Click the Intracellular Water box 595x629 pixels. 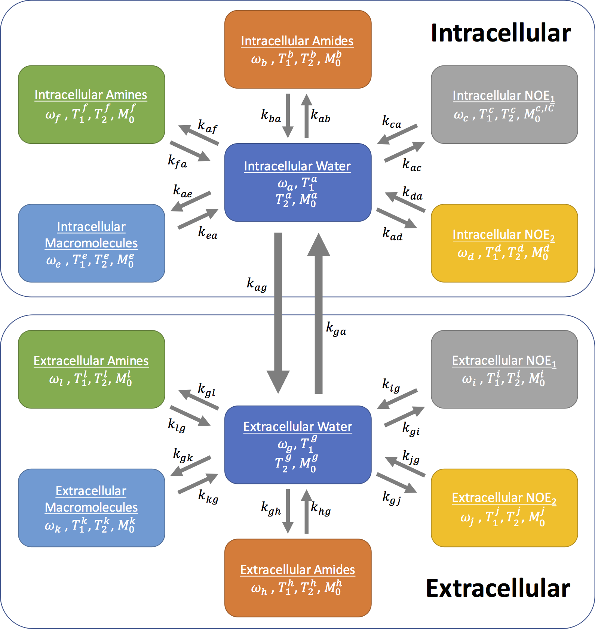tap(298, 182)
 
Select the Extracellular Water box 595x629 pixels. tap(298, 445)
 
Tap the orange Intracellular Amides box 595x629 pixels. tap(298, 49)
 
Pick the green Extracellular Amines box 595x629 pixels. tap(91, 369)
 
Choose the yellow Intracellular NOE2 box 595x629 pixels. tap(504, 243)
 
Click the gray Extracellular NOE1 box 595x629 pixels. tap(504, 369)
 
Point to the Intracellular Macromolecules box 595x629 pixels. tap(91, 243)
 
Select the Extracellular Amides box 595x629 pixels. tap(298, 578)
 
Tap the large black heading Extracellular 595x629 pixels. tap(498, 588)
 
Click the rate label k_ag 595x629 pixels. tap(257, 284)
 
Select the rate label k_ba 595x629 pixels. tap(271, 115)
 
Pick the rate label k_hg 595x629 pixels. tap(320, 508)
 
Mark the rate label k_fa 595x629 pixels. tap(177, 161)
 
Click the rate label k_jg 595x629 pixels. tap(411, 456)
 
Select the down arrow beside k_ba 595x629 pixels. tap(288, 115)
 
